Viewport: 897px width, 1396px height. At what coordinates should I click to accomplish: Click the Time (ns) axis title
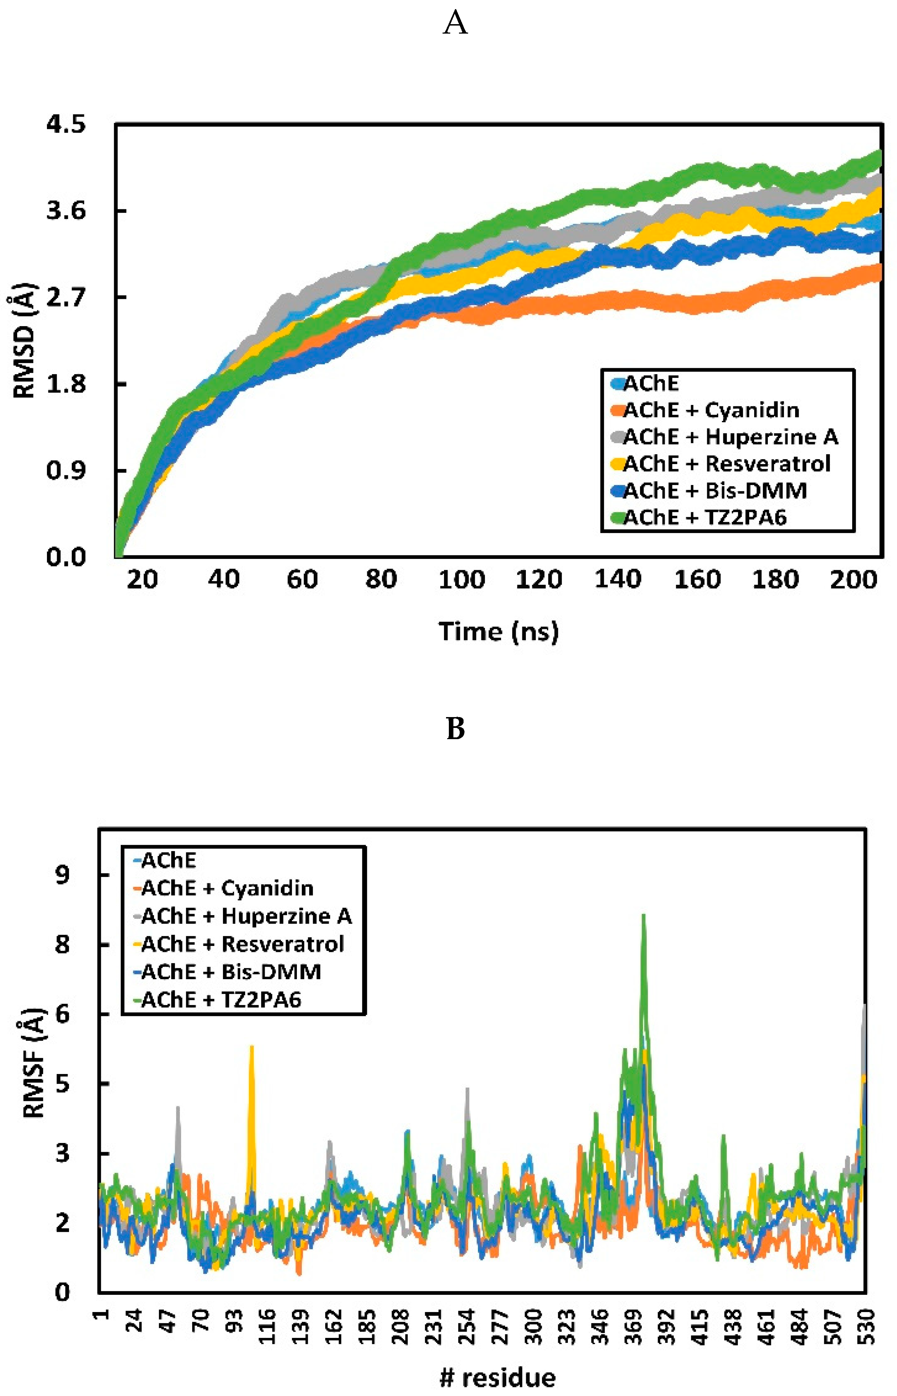[x=499, y=632]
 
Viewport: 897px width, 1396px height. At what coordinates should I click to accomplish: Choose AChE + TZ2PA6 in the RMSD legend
[x=705, y=517]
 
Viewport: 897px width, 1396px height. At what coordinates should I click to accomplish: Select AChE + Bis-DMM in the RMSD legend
[x=715, y=491]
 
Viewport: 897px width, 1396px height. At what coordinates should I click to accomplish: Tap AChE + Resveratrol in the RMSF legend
[x=242, y=943]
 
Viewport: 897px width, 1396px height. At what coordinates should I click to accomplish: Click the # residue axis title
[x=498, y=1378]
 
